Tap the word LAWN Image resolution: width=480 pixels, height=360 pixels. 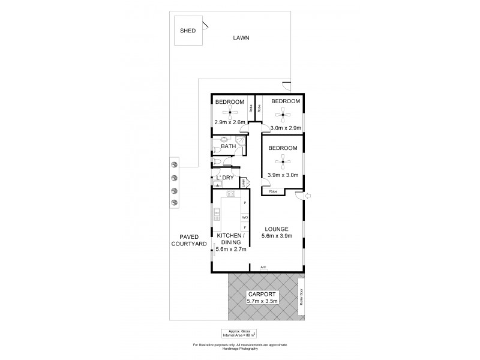pos(242,38)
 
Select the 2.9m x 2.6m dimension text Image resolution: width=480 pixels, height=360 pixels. pos(230,122)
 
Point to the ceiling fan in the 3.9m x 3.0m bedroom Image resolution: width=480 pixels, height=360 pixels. pos(281,160)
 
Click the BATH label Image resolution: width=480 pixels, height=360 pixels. pos(228,146)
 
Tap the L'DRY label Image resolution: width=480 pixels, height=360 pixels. pos(226,178)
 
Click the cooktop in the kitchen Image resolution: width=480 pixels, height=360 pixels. pos(229,194)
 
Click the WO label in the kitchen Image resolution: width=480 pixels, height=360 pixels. pos(245,217)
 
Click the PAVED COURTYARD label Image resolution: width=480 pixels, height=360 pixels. pos(188,240)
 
